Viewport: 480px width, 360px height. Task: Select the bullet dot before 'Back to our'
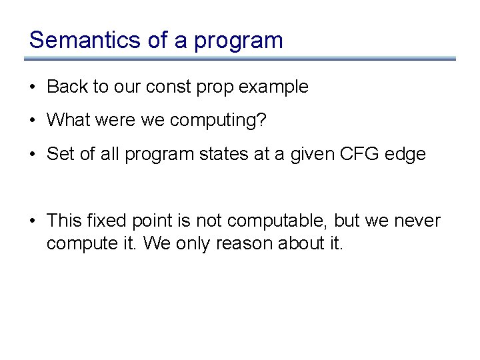[33, 87]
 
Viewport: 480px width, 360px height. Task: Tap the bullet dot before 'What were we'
[33, 121]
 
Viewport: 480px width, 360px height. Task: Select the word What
[69, 121]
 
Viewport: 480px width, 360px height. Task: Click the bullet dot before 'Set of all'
[33, 155]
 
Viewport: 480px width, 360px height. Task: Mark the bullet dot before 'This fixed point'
[33, 221]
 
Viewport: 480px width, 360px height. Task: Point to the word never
[417, 221]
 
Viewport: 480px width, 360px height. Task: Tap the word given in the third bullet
[311, 155]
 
